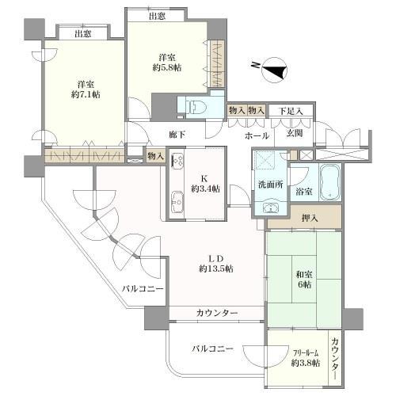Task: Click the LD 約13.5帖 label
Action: [215, 263]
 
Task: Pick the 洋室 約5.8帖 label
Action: [166, 63]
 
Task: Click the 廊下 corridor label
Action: [177, 135]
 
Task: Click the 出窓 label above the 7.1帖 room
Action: [82, 33]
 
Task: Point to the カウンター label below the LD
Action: [216, 314]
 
